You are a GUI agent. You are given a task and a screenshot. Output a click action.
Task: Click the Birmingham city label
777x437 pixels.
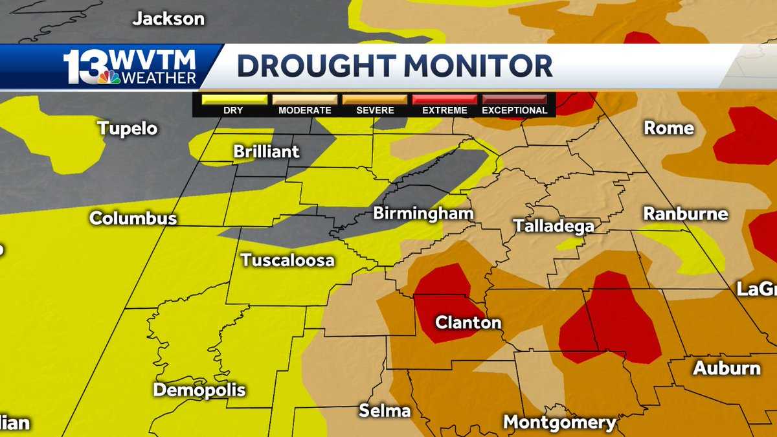pos(423,214)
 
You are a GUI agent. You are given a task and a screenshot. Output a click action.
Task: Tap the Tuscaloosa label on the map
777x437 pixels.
pos(287,260)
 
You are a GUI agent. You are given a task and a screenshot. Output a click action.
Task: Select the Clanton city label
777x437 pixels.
pos(468,322)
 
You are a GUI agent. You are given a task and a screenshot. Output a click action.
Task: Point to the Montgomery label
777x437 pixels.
pos(560,423)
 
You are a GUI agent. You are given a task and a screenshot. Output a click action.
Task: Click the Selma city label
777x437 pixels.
pos(385,411)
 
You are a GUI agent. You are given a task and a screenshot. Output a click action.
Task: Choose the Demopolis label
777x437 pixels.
pos(199,390)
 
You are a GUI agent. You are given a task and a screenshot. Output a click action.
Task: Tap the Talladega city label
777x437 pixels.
pos(554,225)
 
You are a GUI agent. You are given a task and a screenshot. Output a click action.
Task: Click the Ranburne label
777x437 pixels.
pos(685,214)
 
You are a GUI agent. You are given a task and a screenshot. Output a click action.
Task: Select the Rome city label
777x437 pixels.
pos(668,128)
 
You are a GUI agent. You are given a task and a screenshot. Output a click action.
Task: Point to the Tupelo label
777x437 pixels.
pos(128,128)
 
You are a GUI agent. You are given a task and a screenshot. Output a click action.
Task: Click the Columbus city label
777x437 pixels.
pos(133,218)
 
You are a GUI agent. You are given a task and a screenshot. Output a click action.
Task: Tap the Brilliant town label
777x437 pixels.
pos(267,151)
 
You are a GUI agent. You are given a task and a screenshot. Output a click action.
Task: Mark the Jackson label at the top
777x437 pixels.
pos(168,19)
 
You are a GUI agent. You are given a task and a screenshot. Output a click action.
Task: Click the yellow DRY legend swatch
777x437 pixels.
pos(234,100)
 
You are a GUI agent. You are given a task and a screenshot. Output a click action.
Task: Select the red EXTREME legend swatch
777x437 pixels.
pos(445,100)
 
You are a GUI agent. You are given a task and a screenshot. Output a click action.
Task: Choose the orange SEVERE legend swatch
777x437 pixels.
pos(375,100)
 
